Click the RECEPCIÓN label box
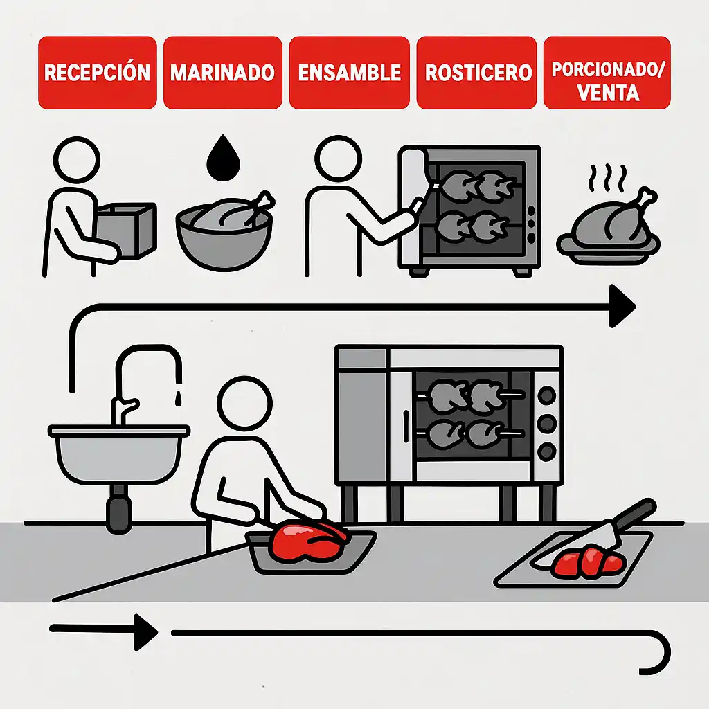97,73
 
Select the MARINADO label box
222,73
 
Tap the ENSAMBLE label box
349,73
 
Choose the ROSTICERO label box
478,73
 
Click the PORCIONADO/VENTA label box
607,73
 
